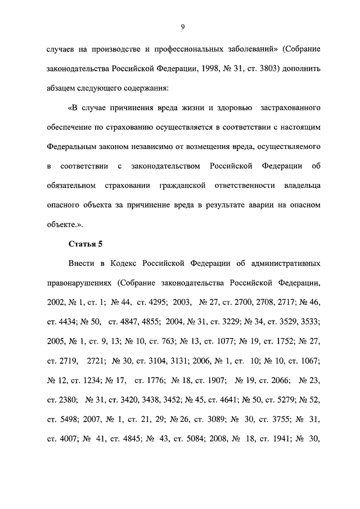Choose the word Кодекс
(136, 263)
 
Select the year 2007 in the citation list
(93, 419)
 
